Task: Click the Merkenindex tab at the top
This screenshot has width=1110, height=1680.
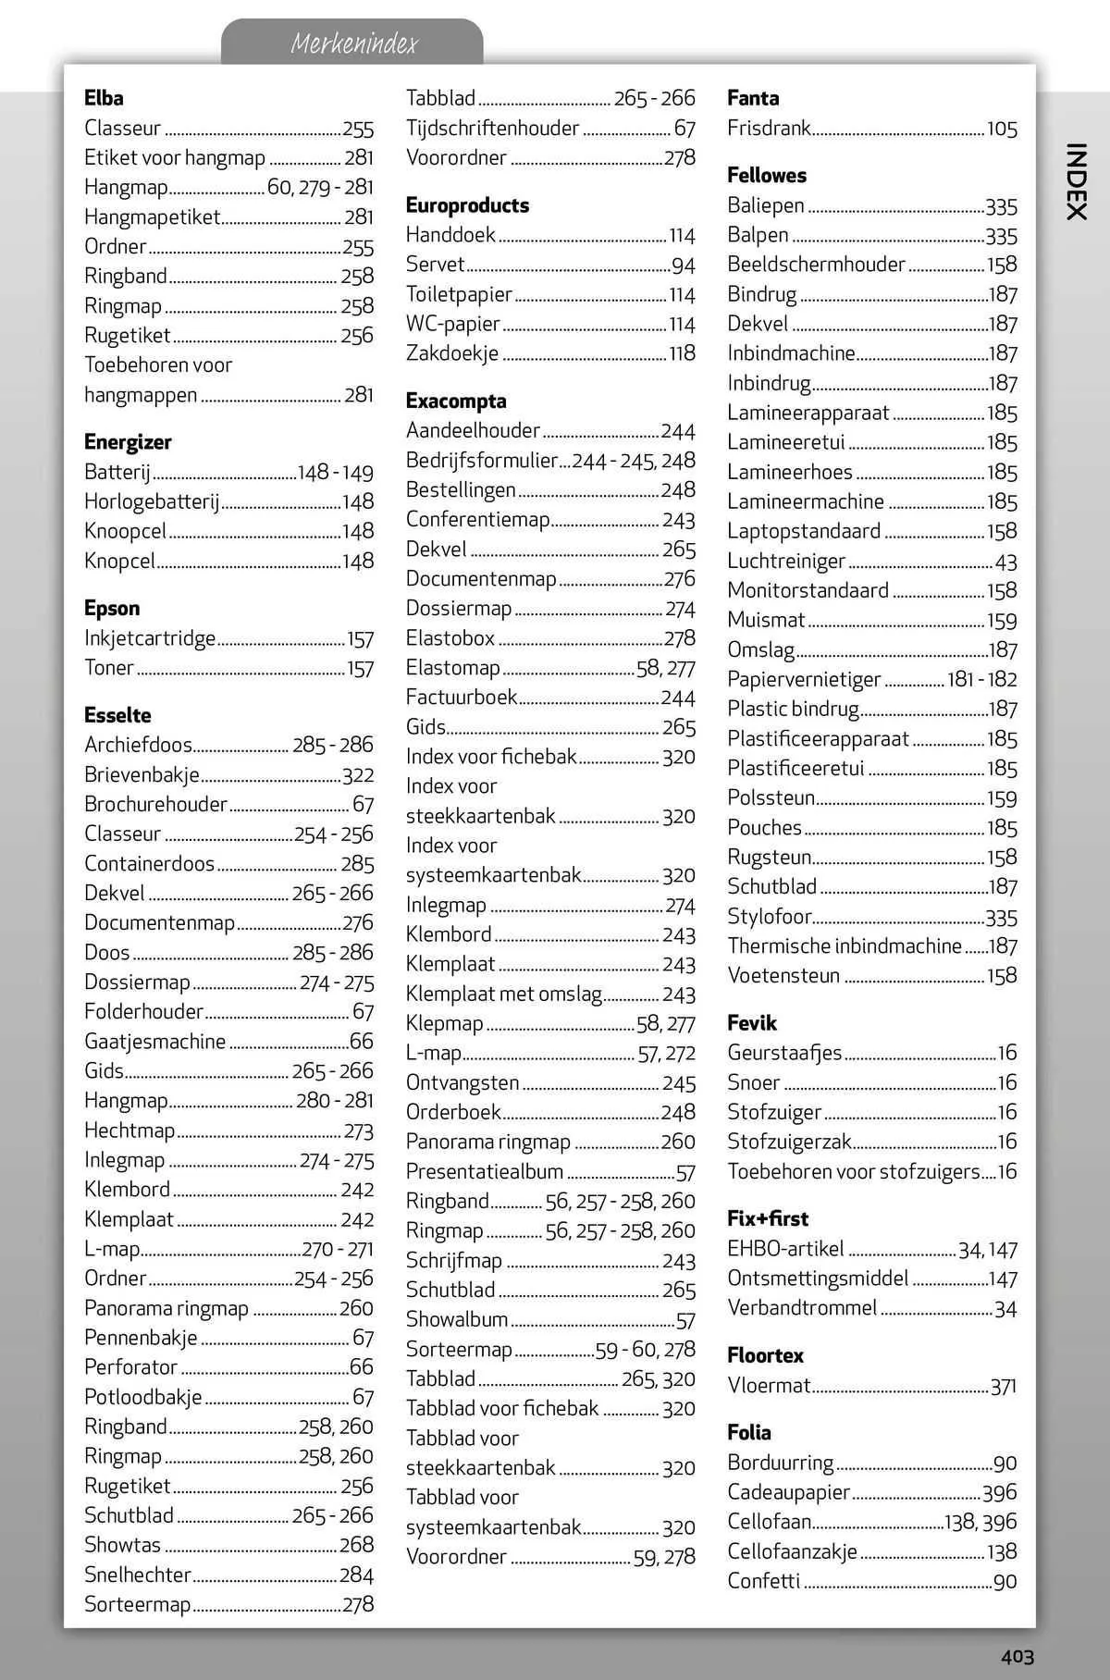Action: [x=353, y=43]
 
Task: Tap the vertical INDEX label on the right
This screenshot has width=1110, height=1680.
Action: [x=1075, y=181]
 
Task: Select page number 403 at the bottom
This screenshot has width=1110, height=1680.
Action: [x=1016, y=1656]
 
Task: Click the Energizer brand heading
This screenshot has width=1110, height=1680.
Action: [x=128, y=442]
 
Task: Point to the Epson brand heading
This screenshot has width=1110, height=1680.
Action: [x=112, y=609]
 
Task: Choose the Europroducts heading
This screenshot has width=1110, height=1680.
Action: [x=467, y=205]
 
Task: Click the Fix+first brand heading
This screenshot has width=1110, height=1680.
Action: [x=767, y=1218]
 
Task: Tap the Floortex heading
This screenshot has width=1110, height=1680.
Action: [x=765, y=1355]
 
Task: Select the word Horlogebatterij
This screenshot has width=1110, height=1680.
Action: [x=152, y=501]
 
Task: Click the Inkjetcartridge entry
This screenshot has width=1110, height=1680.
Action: [x=150, y=638]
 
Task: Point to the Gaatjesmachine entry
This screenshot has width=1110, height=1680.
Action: [x=154, y=1042]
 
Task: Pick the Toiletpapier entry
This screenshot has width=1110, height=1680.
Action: [x=459, y=294]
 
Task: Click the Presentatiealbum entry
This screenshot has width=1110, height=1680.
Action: [x=484, y=1171]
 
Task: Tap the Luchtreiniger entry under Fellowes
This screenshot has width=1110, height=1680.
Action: [x=786, y=561]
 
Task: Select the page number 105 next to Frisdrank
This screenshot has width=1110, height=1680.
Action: [x=1002, y=129]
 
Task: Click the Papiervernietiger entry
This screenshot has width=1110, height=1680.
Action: [x=804, y=679]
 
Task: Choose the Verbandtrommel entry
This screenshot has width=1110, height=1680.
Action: [x=802, y=1307]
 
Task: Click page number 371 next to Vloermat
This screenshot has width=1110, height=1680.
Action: [x=1003, y=1386]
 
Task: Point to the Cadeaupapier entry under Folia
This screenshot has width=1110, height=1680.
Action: [x=788, y=1492]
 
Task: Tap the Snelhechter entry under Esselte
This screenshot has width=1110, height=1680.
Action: [x=137, y=1575]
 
